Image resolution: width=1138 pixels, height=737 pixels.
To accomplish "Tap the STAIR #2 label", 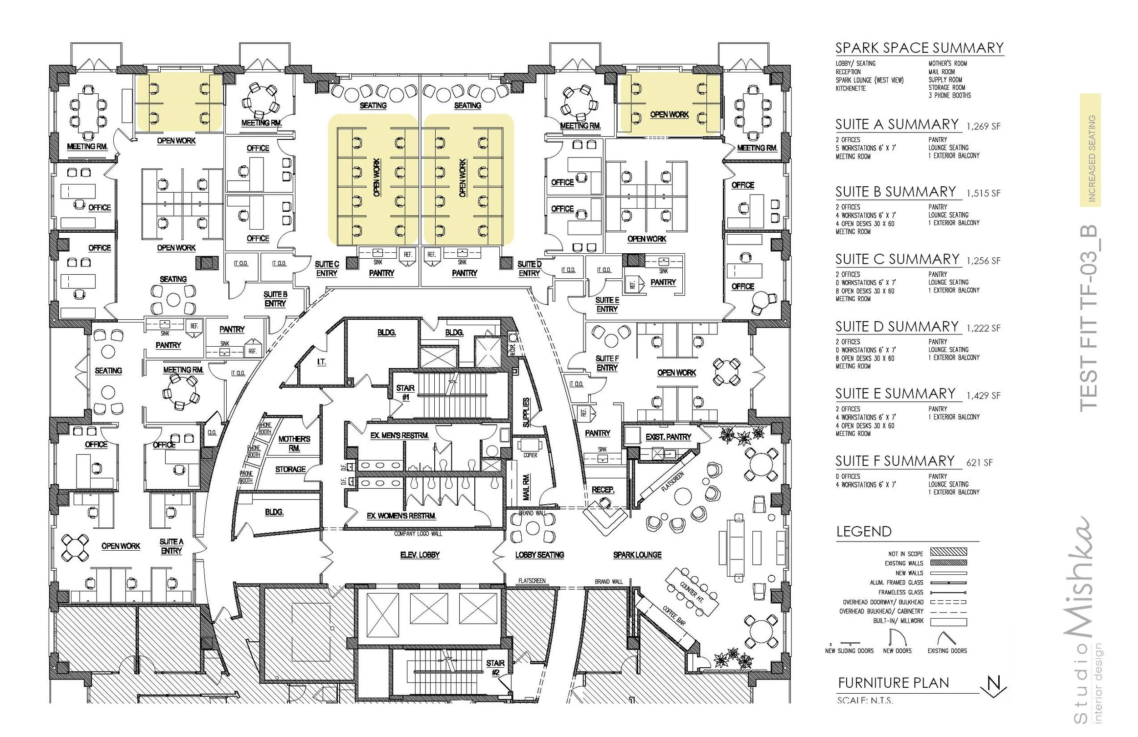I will point(495,667).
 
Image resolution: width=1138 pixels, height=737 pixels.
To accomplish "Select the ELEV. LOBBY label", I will point(419,555).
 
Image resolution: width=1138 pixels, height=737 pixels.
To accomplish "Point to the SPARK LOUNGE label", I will point(637,555).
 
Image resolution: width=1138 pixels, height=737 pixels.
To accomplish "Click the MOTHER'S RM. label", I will point(294,444).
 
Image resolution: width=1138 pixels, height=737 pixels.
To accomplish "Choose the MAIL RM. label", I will point(527,487).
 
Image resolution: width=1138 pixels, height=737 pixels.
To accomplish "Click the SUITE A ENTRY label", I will point(171,546).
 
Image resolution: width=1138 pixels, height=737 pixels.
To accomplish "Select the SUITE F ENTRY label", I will point(607,363).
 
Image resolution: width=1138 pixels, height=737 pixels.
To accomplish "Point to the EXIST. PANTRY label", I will point(668,437).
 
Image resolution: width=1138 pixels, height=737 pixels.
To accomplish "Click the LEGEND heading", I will point(864,532).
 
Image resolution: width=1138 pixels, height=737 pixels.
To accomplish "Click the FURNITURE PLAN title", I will point(893,683).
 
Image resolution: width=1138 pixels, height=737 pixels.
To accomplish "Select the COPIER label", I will point(530,455).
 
